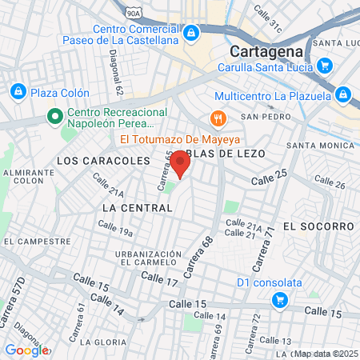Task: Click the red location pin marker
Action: (x=181, y=166)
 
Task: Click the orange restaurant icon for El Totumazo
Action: (x=215, y=118)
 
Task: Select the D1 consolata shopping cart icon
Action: (x=279, y=300)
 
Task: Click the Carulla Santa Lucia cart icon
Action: (x=324, y=66)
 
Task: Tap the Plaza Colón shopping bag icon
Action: (x=18, y=92)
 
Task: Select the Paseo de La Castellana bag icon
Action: (x=191, y=34)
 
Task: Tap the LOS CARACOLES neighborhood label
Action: (x=93, y=161)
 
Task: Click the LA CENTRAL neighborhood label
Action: (x=138, y=208)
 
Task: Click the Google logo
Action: (x=26, y=350)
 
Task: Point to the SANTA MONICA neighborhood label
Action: (x=320, y=146)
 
